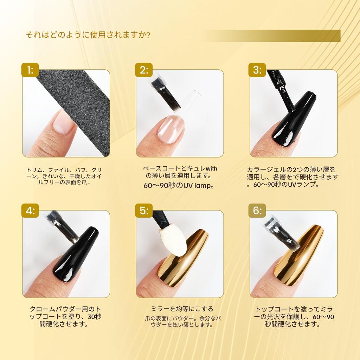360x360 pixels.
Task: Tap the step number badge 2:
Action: pos(144,70)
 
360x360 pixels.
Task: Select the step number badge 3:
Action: pos(257,70)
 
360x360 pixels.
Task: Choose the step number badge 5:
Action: pos(144,211)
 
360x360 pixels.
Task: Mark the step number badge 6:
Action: pos(257,211)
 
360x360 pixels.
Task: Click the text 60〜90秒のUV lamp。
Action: pos(179,186)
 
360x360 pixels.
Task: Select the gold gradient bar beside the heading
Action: pos(274,36)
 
